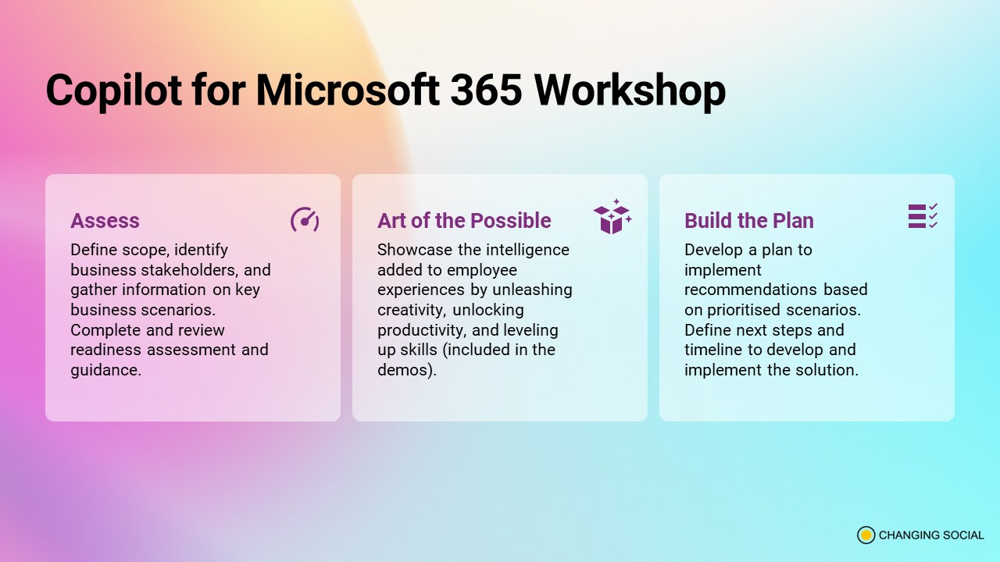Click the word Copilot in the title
114,91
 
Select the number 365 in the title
486,90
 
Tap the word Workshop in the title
630,91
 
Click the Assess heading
105,220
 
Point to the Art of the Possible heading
464,220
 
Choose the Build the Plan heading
749,220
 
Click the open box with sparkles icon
612,216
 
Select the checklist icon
923,216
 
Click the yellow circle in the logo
866,535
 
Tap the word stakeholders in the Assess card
189,270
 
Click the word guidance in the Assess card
104,370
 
